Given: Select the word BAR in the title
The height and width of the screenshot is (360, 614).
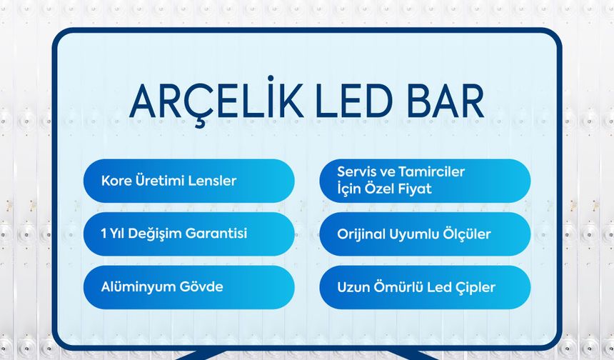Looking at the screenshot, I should click(448, 103).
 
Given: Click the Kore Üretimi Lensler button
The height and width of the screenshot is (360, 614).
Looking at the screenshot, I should click(188, 181).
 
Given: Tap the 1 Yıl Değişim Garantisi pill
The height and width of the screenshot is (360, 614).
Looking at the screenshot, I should click(188, 234).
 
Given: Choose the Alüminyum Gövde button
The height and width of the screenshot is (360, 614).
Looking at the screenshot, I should click(188, 287).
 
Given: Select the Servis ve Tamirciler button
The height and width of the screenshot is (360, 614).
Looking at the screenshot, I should click(425, 181).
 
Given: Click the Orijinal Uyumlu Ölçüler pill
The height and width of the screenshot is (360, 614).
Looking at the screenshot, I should click(425, 234).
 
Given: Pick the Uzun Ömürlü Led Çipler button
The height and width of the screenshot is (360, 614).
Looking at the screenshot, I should click(425, 287).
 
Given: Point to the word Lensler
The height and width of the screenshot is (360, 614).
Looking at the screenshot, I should click(213, 181).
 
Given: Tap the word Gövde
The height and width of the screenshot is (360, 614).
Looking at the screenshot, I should click(202, 287).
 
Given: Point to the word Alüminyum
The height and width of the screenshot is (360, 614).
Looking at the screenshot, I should click(138, 287).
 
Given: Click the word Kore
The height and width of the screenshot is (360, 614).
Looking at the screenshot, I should click(116, 181).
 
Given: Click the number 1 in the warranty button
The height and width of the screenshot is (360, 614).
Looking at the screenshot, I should click(104, 234).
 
